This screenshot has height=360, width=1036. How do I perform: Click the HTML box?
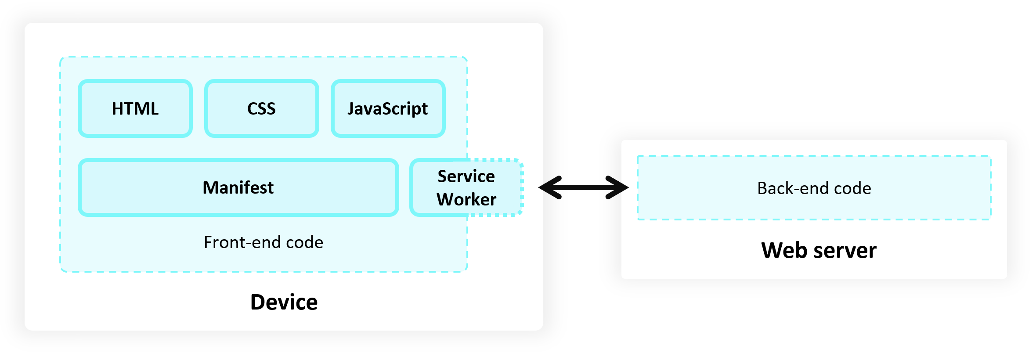(x=135, y=108)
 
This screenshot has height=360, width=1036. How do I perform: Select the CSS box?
(x=261, y=108)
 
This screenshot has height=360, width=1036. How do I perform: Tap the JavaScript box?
(x=388, y=108)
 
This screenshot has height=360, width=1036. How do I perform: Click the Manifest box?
(x=238, y=187)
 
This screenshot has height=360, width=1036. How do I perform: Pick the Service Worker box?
(x=466, y=187)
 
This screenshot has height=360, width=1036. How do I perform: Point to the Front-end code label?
(x=264, y=242)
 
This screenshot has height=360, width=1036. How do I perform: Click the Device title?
(x=284, y=302)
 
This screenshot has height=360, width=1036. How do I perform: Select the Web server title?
(x=819, y=250)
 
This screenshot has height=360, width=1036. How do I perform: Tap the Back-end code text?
(x=814, y=188)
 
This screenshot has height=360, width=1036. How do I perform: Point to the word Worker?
(x=466, y=199)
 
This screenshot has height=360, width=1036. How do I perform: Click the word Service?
(x=466, y=176)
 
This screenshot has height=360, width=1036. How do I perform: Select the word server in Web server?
(x=845, y=251)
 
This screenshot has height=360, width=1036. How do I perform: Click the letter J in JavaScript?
(x=351, y=108)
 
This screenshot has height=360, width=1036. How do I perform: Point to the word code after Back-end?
(x=852, y=188)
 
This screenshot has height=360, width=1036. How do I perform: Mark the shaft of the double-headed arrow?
(x=583, y=187)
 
